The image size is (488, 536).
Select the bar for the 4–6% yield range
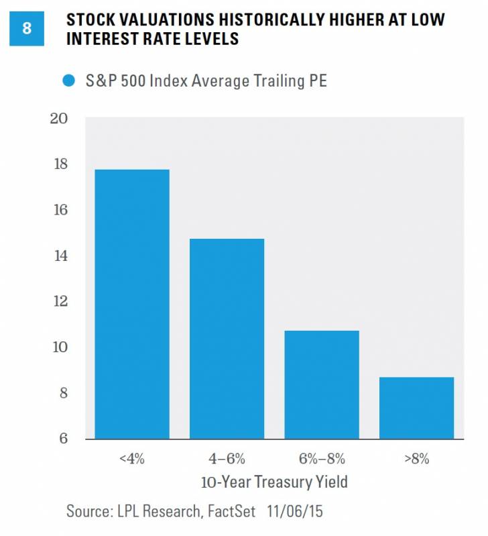tap(227, 339)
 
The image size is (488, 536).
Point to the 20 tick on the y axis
tap(59, 119)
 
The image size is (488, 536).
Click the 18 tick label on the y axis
tap(59, 164)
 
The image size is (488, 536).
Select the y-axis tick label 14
tap(59, 256)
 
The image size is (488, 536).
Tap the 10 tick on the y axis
tap(59, 347)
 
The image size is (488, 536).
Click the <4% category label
tap(132, 460)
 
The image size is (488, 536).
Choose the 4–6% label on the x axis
tap(227, 460)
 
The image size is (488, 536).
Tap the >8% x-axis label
tap(416, 460)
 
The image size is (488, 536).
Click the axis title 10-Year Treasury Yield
tap(273, 482)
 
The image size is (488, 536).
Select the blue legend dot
tap(68, 82)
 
